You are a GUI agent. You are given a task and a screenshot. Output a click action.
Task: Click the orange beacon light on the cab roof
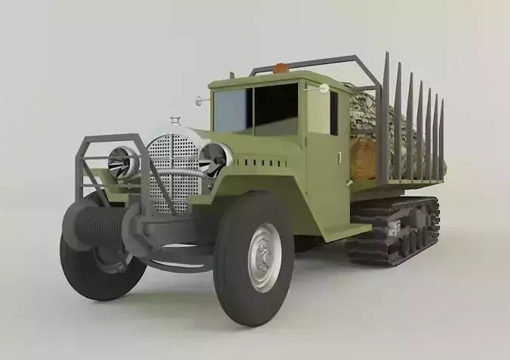(x=281, y=69)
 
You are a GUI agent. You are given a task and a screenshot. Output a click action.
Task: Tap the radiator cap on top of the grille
(x=175, y=121)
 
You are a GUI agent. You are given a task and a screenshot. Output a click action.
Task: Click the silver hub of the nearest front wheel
(x=263, y=257)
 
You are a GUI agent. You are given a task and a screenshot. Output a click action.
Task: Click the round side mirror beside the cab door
(x=324, y=89)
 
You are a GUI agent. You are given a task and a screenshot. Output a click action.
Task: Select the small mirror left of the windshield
(x=200, y=99)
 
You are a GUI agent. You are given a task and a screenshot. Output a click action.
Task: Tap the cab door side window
(x=333, y=113)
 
